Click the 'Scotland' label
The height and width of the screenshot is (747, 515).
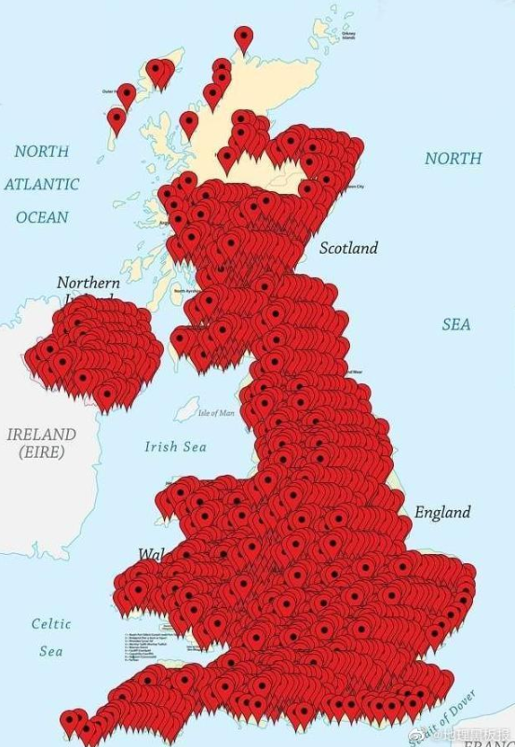348,248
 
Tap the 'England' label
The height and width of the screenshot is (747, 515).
442,513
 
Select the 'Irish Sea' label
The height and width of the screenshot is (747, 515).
175,447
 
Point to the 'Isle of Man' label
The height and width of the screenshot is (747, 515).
216,412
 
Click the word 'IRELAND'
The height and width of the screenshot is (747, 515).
41,435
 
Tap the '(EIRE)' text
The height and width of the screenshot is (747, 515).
41,452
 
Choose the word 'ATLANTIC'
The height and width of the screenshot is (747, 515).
42,184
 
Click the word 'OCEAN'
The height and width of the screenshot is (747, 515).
42,217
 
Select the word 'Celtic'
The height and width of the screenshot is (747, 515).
51,624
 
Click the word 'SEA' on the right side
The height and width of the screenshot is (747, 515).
456,325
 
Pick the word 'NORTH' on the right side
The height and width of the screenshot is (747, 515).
453,159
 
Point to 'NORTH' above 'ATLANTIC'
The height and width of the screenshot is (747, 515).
42,151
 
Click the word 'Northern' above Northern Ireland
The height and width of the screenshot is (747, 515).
88,282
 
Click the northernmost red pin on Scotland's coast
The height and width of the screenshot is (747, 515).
244,38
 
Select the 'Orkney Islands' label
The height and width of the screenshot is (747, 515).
348,35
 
